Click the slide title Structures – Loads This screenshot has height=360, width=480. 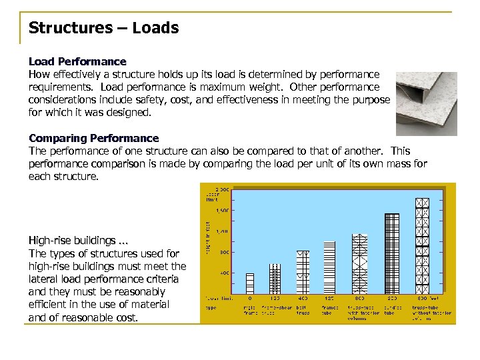(103, 28)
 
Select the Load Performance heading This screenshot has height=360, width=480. (77, 61)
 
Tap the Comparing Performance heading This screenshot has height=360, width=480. (93, 138)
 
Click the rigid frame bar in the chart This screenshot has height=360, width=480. (250, 283)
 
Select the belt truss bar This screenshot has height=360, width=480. (303, 271)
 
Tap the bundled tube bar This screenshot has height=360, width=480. (392, 253)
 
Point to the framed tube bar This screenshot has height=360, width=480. (328, 267)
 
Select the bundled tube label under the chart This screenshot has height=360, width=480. (392, 310)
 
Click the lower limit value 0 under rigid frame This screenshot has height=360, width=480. (249, 299)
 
